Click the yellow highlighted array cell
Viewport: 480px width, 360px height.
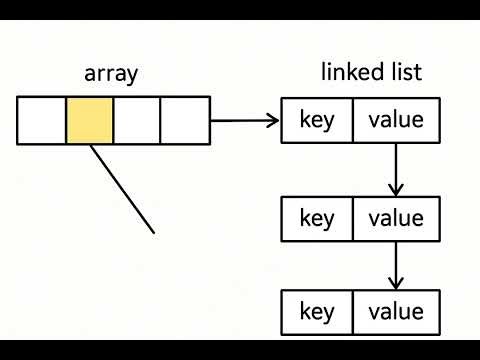[90, 120]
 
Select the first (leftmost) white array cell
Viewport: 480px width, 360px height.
[42, 120]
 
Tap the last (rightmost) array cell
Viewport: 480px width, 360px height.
[185, 120]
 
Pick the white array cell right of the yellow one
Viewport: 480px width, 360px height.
[137, 120]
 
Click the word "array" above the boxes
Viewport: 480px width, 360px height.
[112, 73]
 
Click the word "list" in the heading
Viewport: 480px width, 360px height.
[406, 72]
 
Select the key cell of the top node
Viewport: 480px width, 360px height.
[317, 121]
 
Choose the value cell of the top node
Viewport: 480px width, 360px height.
[396, 121]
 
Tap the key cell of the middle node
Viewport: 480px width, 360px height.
[317, 218]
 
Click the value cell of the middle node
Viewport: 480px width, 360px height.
[396, 218]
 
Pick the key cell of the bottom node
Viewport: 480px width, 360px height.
[317, 312]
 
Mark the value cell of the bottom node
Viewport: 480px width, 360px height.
[396, 312]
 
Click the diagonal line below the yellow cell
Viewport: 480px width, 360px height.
[122, 189]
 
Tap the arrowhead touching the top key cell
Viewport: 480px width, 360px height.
[274, 121]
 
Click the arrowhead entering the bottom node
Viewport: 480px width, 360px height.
[396, 284]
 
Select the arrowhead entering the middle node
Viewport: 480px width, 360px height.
[396, 190]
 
